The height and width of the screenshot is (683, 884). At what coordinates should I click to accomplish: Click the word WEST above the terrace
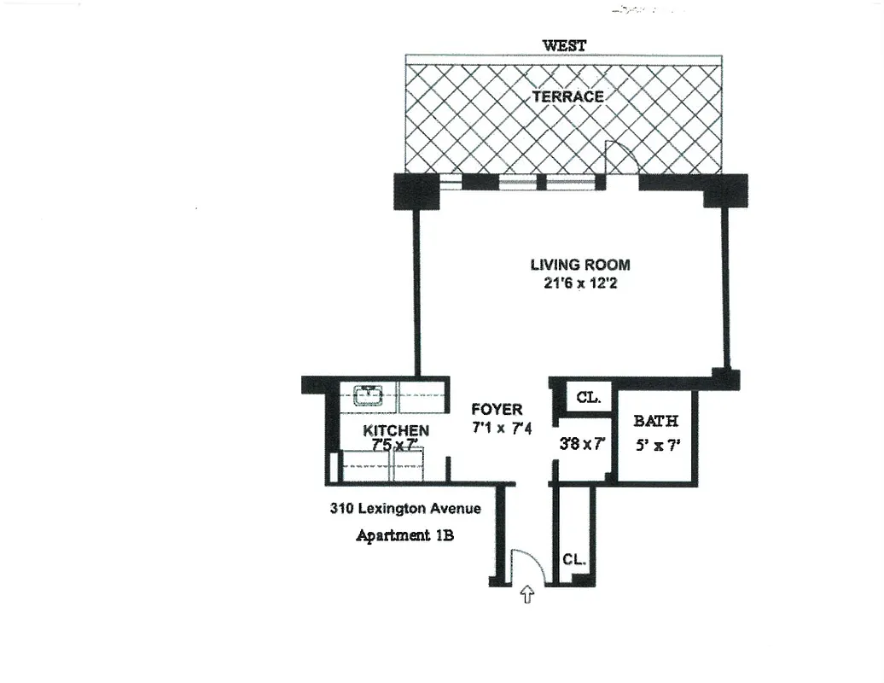tap(565, 45)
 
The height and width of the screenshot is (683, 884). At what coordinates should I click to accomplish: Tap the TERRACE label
tap(567, 96)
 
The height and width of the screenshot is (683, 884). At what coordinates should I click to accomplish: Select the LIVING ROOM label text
tap(580, 265)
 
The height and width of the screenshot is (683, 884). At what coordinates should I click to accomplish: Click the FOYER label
tap(497, 411)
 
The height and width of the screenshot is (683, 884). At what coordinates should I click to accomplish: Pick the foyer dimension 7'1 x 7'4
tap(503, 429)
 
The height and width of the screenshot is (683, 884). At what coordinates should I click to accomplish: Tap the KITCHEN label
tap(396, 430)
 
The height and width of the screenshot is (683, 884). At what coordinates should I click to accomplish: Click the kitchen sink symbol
tap(369, 395)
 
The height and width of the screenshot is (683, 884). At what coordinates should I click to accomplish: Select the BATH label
tap(656, 421)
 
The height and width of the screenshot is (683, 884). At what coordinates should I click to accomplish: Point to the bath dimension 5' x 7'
tap(656, 445)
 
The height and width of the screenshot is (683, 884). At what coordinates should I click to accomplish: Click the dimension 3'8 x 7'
tap(582, 444)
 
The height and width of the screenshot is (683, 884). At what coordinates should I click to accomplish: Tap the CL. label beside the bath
tap(589, 397)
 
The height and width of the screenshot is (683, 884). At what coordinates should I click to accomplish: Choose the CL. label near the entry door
tap(574, 560)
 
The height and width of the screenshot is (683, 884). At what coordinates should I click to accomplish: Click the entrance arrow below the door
tap(526, 593)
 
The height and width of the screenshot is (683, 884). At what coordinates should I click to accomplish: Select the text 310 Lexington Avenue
tap(405, 509)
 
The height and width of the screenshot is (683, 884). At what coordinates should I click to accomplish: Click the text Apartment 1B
tap(404, 536)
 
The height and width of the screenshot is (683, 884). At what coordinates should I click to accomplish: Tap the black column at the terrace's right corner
tap(725, 190)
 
